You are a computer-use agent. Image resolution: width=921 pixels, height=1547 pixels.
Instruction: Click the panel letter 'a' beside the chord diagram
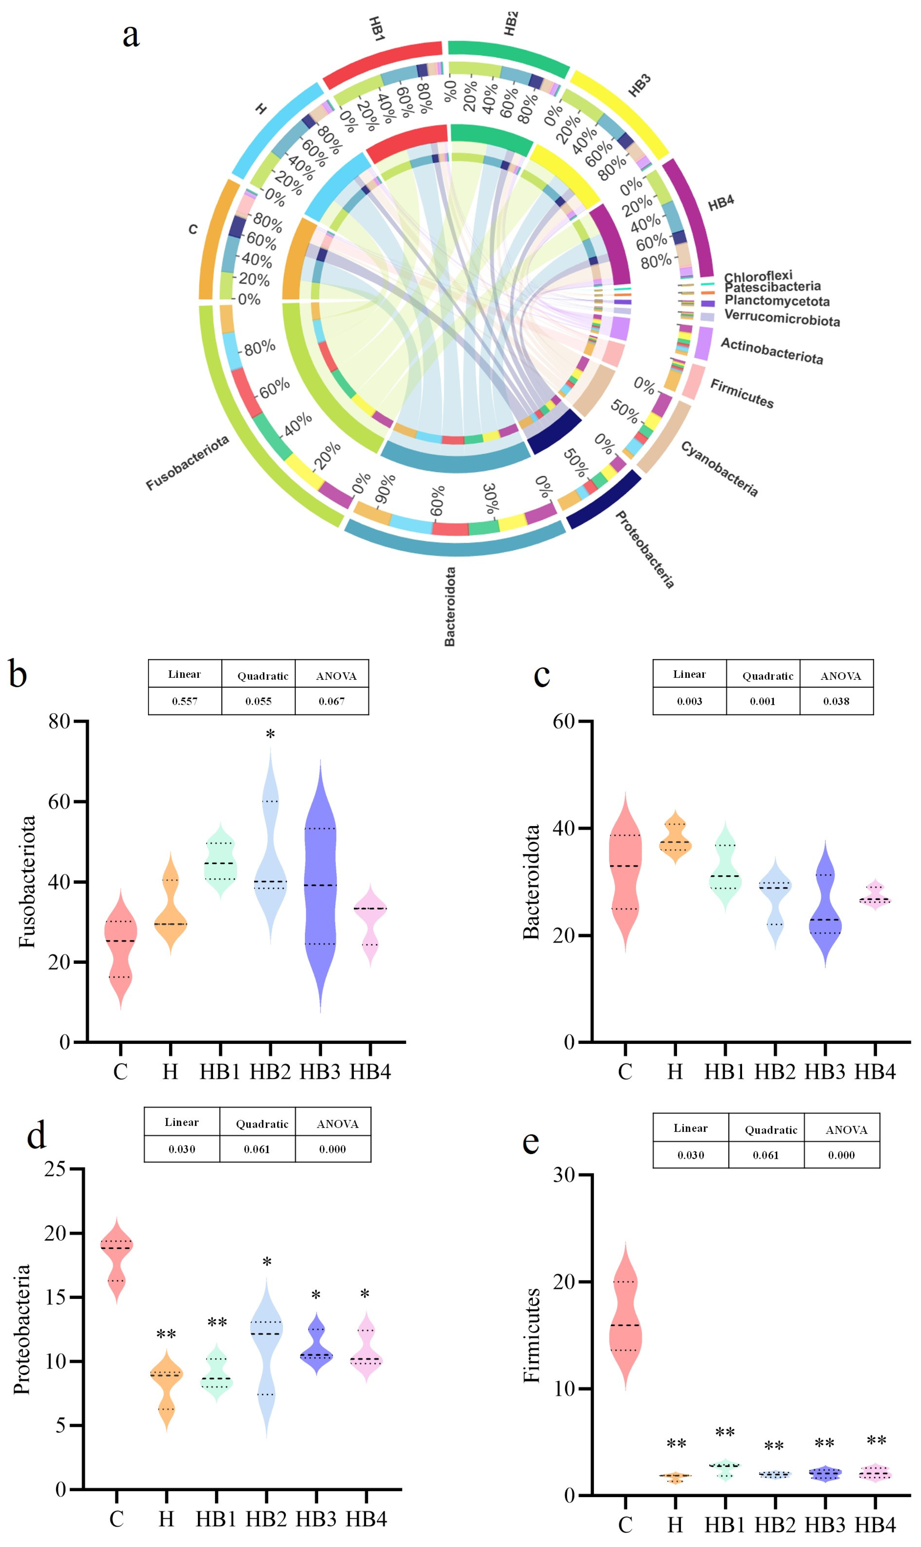pyautogui.click(x=131, y=35)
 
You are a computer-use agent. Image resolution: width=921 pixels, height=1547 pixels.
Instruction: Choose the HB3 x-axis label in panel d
pyautogui.click(x=316, y=1519)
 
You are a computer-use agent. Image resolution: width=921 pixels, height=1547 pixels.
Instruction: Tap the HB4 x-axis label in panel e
pyautogui.click(x=875, y=1525)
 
